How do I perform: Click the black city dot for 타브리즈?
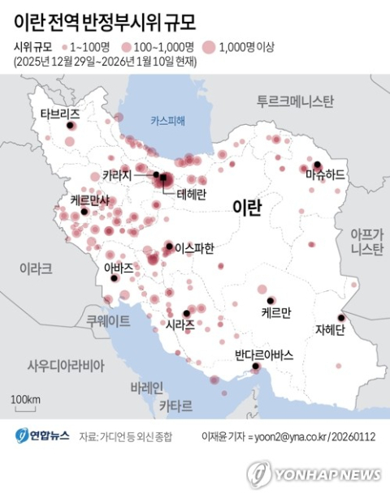coord(70,127)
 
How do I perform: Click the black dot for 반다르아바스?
coord(255,367)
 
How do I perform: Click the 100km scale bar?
coord(26,406)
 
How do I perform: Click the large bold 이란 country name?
coord(246,208)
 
